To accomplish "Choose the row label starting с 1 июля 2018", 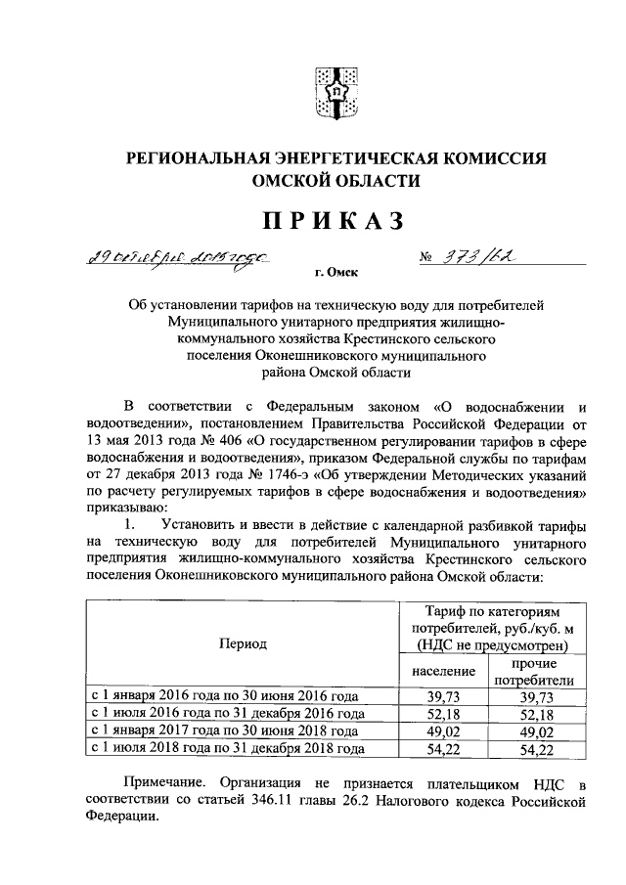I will pyautogui.click(x=228, y=749).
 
